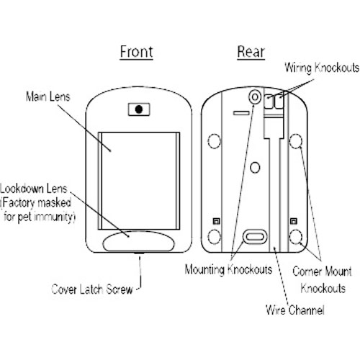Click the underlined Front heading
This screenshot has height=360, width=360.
(x=136, y=52)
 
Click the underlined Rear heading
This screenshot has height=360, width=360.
(x=251, y=52)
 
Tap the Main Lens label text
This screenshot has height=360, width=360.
(x=48, y=96)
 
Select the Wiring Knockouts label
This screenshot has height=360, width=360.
(x=322, y=68)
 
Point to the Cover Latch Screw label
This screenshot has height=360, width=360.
(x=92, y=289)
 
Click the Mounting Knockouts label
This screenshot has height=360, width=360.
(x=228, y=269)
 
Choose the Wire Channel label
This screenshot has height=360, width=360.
(x=295, y=310)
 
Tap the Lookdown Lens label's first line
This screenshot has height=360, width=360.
(x=34, y=189)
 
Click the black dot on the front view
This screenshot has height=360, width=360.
(x=139, y=109)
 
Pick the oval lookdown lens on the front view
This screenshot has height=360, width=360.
(x=139, y=241)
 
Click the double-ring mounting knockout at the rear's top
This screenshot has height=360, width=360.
(x=255, y=97)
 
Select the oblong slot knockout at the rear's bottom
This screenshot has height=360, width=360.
(x=255, y=237)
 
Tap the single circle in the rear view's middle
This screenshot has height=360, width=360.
(x=255, y=167)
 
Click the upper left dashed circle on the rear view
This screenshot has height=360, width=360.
(x=214, y=141)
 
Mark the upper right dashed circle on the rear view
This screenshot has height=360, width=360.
(x=295, y=141)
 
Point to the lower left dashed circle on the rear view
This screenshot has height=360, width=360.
(x=214, y=237)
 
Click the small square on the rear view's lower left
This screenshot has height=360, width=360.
(x=217, y=221)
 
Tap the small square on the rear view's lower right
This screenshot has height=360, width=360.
(x=294, y=221)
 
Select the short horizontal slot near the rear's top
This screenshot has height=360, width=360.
(x=241, y=112)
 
